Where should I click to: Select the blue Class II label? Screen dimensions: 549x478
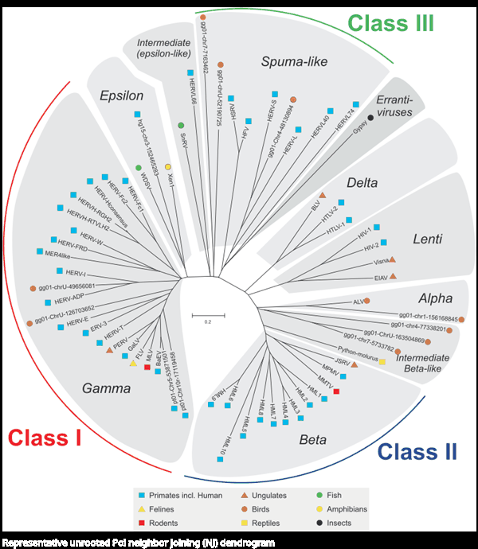click(417, 452)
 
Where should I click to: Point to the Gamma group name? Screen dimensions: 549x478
click(107, 387)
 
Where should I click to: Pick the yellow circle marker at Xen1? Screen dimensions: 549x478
click(168, 166)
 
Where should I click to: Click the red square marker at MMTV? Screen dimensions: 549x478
click(336, 391)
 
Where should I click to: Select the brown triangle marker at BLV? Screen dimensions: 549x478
click(321, 195)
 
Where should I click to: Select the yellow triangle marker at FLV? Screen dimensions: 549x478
click(133, 364)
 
